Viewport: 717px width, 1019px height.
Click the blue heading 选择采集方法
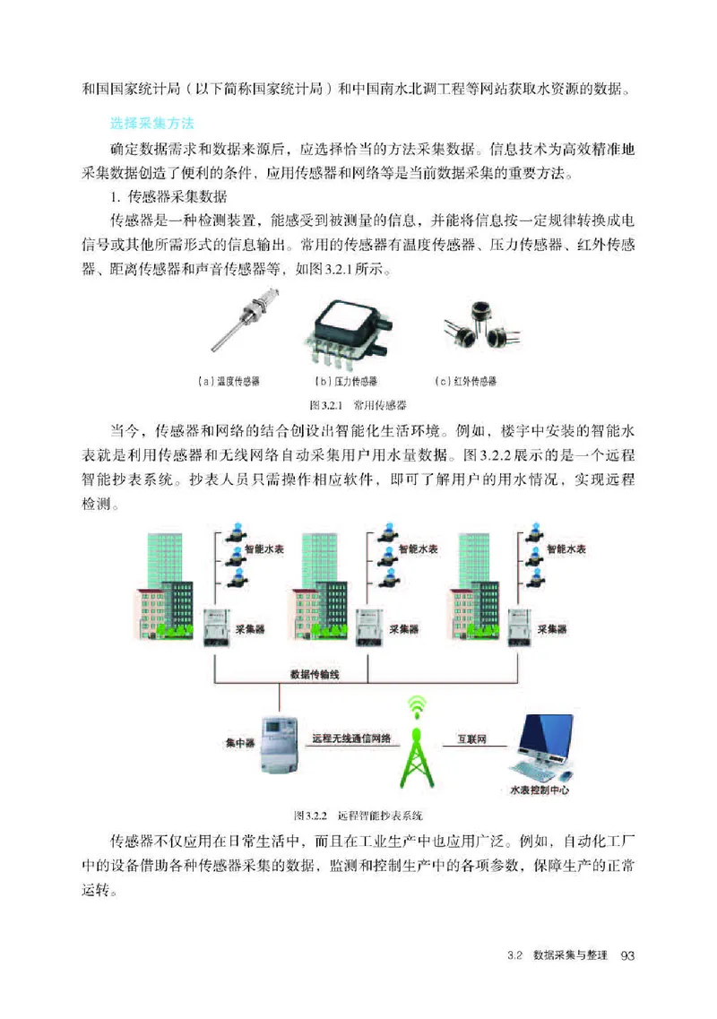(151, 121)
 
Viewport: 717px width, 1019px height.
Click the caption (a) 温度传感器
(228, 381)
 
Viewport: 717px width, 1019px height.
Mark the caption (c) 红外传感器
(466, 381)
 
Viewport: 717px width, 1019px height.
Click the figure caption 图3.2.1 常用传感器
(358, 404)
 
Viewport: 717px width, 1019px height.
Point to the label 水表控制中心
(539, 790)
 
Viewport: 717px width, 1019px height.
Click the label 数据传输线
(315, 675)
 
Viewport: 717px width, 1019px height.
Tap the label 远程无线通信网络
(351, 739)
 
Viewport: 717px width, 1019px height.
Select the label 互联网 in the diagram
(471, 739)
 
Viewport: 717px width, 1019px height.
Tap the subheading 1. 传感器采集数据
(168, 194)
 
